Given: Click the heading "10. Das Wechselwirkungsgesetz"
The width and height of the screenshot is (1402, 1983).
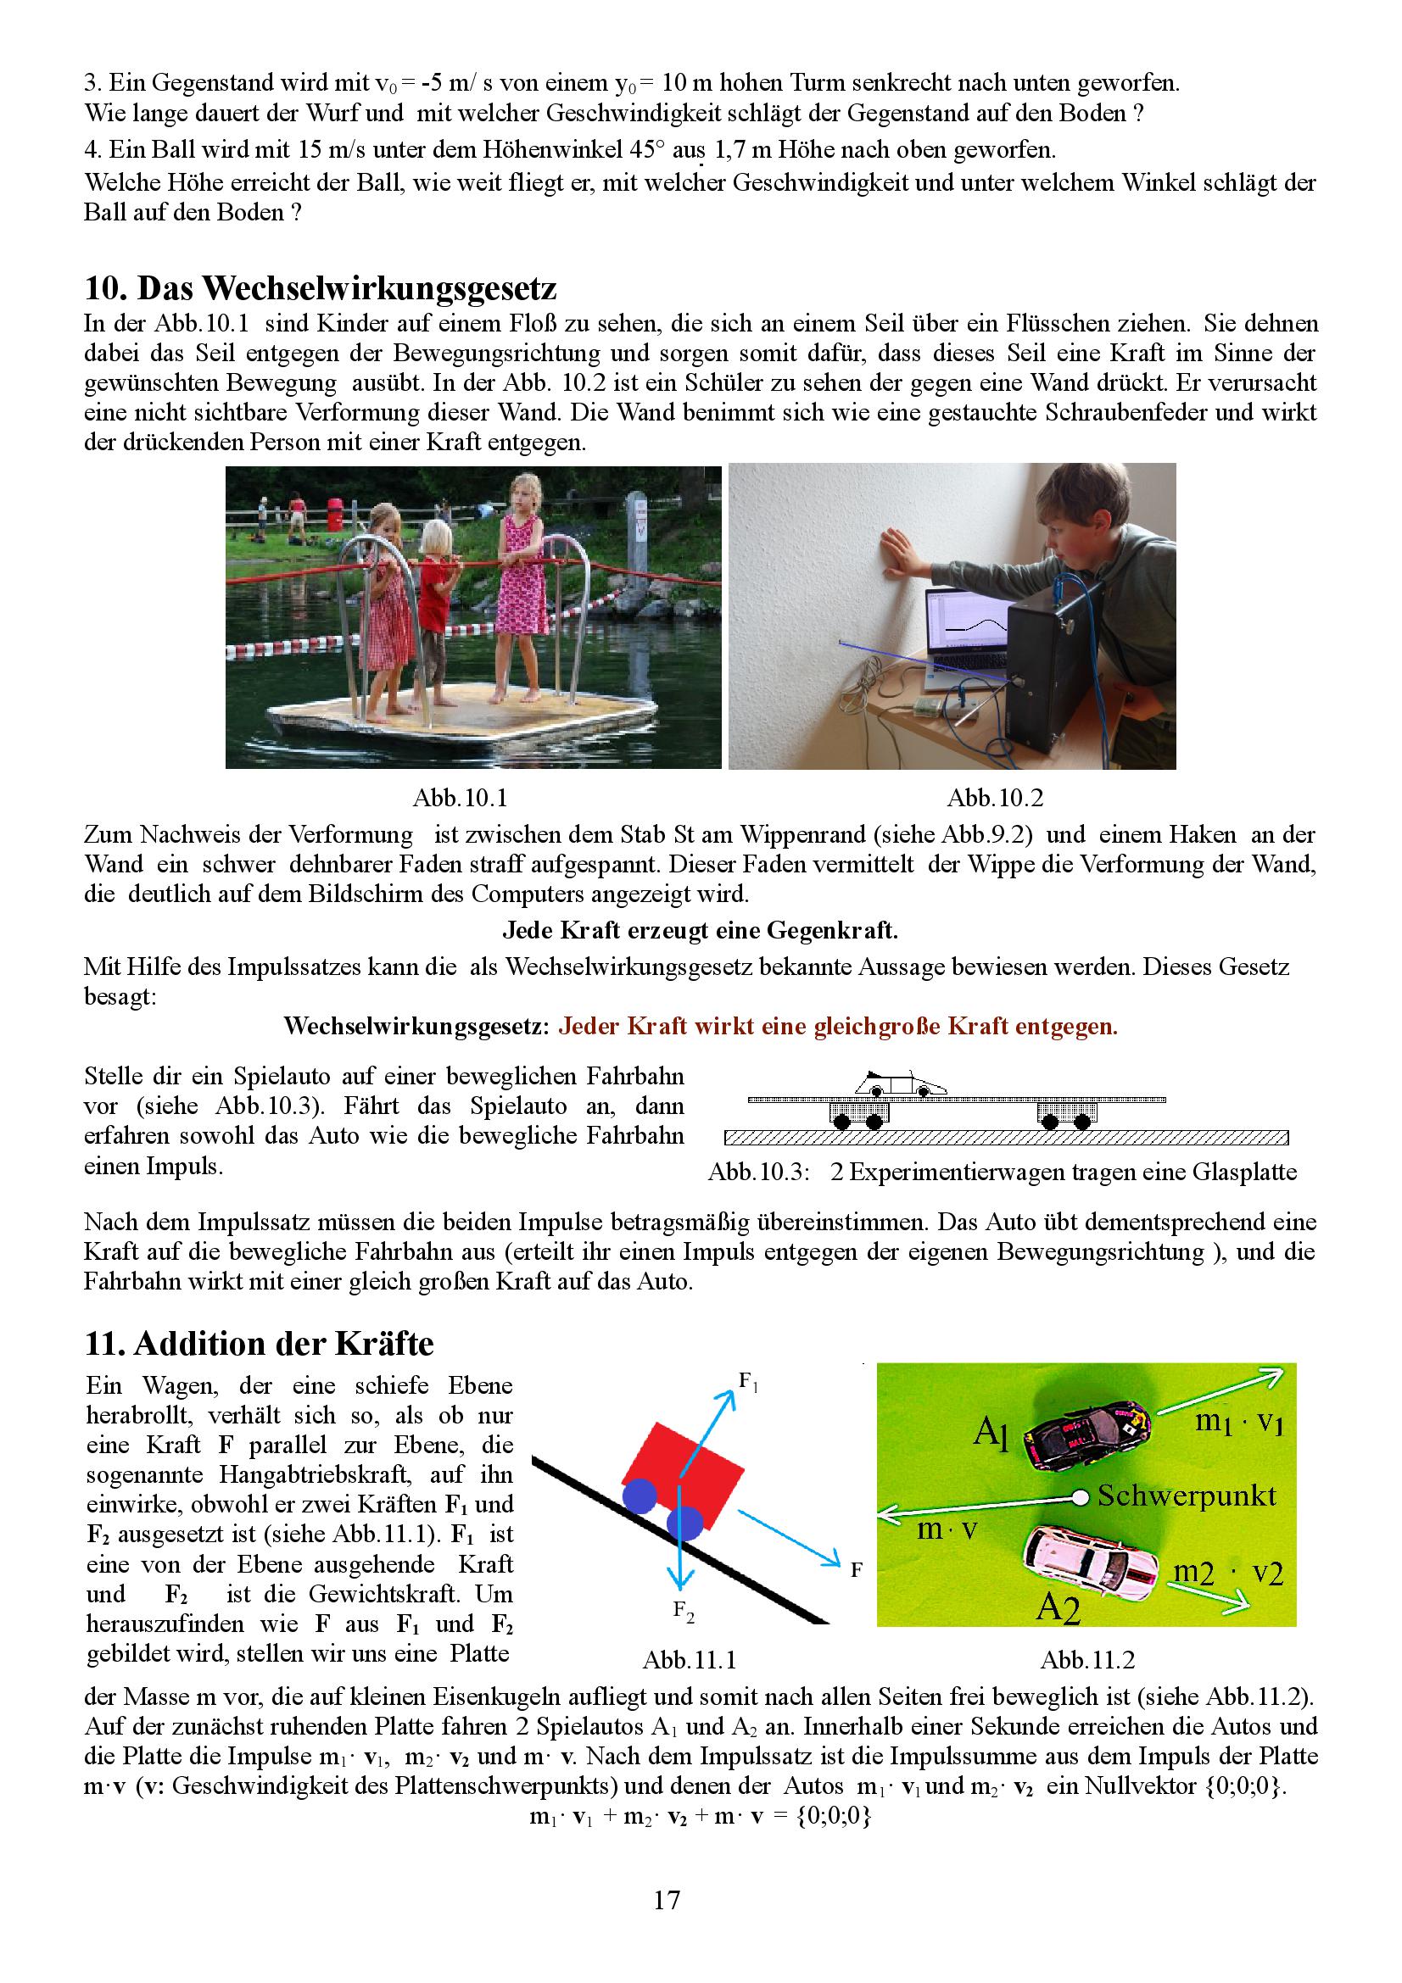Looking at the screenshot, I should coord(320,287).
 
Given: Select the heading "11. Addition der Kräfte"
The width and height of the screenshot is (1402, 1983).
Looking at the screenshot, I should coord(260,1343).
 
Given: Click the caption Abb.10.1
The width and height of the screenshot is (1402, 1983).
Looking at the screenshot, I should coord(459,797).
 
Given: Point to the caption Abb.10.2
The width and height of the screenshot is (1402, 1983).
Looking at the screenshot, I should coord(995,797).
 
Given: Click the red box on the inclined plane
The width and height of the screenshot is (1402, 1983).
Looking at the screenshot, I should coord(683,1473).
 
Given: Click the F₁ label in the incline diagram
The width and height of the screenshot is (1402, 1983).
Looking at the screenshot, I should coord(748,1382).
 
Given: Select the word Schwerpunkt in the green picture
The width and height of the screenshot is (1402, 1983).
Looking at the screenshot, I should coord(1186,1495).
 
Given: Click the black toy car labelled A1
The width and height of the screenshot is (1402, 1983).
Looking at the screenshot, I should coord(1086,1435).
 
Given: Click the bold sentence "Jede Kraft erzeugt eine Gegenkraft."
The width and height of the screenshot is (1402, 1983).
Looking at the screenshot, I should coord(700,931).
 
